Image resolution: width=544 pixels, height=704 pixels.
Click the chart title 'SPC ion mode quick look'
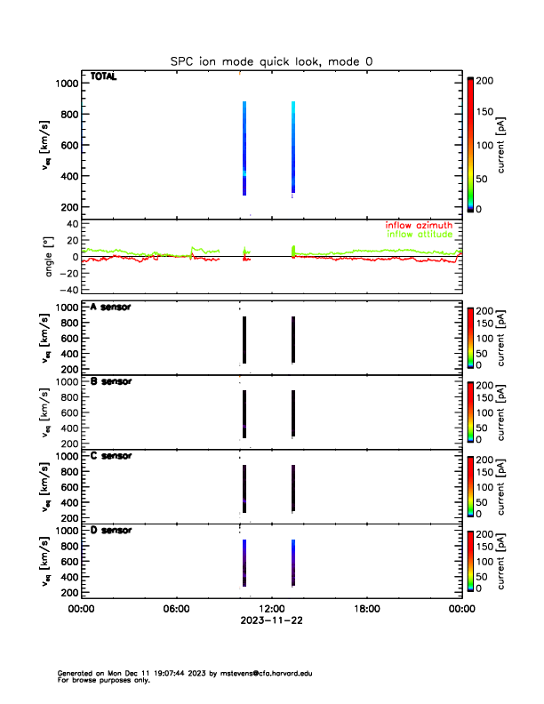pos(271,61)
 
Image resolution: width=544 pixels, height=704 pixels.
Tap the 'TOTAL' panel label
pos(103,77)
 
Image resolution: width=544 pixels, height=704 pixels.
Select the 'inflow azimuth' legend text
pos(419,226)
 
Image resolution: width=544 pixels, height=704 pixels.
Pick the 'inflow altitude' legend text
pos(420,235)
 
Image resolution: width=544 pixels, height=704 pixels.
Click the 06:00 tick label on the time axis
pos(176,609)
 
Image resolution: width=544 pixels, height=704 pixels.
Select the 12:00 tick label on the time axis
pos(271,609)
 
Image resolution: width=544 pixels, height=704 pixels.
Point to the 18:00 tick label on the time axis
pos(366,609)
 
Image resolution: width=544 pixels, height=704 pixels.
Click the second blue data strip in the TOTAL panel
pos(292,148)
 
